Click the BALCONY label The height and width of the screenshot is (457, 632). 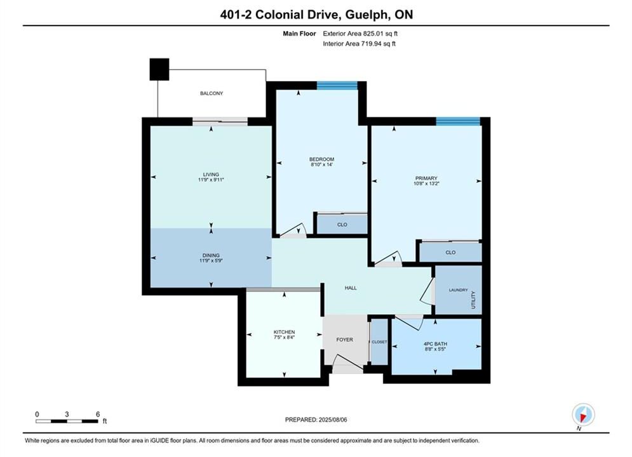click(212, 93)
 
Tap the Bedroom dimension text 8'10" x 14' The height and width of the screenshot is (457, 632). click(321, 164)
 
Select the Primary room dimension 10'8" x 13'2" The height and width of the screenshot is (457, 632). click(426, 183)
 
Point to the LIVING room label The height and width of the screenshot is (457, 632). click(211, 175)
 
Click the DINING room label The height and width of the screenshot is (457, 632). click(211, 255)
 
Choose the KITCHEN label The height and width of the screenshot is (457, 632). click(284, 332)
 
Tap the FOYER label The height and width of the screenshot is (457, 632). click(345, 340)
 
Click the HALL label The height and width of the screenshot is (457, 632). click(351, 288)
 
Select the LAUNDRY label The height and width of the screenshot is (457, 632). click(459, 290)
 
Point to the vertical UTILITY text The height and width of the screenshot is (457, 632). click(473, 300)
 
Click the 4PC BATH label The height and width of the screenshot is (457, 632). click(435, 344)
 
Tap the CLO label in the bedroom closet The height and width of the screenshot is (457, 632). click(342, 225)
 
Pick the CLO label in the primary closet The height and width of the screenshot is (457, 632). click(450, 253)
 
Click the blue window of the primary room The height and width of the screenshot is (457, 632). click(458, 121)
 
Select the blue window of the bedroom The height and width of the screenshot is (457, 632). click(337, 85)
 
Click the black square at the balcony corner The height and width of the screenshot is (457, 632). click(159, 69)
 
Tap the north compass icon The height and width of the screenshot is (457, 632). click(583, 414)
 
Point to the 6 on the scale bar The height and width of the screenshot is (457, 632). click(98, 414)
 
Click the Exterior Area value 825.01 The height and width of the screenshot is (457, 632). click(375, 34)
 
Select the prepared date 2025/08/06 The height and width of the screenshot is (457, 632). click(333, 420)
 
